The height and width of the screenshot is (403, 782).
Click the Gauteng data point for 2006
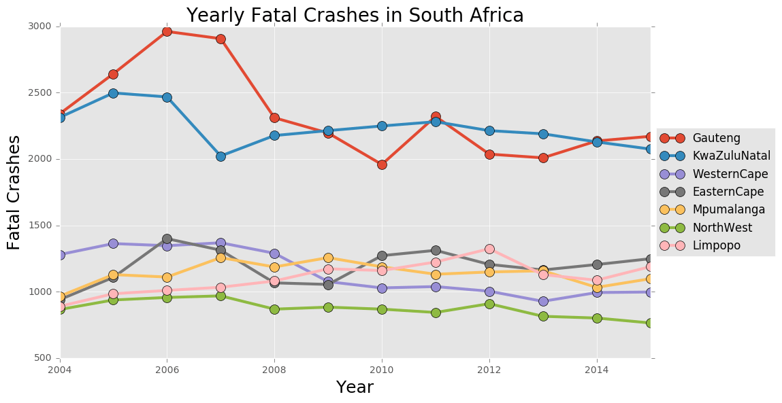(x=167, y=31)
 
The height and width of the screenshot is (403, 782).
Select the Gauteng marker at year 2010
(x=382, y=164)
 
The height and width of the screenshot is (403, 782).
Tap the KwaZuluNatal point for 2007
(x=221, y=156)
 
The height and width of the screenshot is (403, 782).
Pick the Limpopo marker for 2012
(x=489, y=249)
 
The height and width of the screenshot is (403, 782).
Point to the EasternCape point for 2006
(x=167, y=239)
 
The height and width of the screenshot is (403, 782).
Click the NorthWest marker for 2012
(x=489, y=304)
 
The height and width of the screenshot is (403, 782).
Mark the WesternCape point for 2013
(x=543, y=301)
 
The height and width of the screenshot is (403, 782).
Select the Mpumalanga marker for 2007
(x=221, y=258)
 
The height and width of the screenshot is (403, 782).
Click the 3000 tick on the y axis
(x=40, y=27)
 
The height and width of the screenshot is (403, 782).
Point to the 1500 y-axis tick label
(x=40, y=226)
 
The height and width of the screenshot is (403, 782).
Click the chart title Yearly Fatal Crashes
(x=355, y=15)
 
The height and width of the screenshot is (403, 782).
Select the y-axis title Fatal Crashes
(x=14, y=192)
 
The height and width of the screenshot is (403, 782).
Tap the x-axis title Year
(x=355, y=387)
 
